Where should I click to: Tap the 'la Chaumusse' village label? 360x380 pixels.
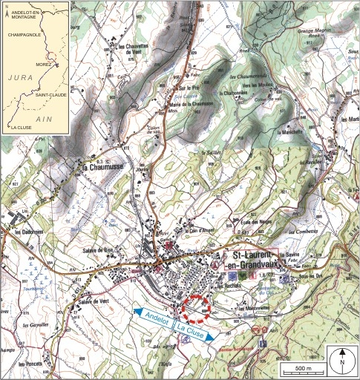100,168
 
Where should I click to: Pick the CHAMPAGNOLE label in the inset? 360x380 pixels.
23,33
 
